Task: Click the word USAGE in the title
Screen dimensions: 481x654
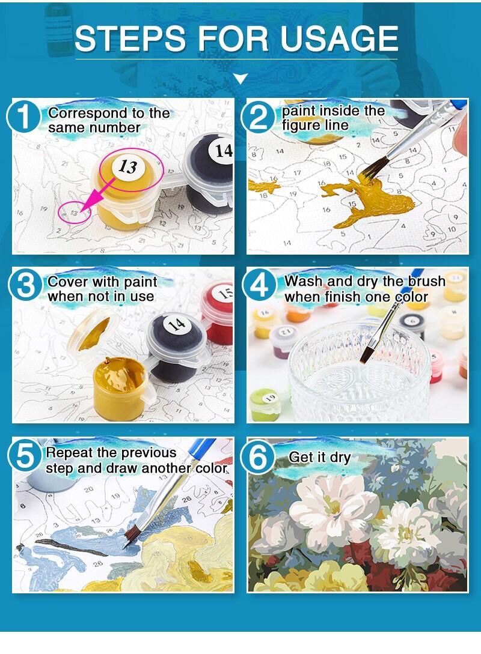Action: point(339,38)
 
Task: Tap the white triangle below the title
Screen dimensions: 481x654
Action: point(240,77)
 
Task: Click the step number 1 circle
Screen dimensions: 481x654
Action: point(23,117)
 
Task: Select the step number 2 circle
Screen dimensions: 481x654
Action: point(259,117)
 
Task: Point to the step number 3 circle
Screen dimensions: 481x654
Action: point(25,286)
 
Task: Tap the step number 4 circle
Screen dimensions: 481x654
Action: point(260,286)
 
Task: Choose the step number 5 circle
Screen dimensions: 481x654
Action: point(25,455)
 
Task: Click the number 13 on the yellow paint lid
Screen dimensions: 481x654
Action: point(127,166)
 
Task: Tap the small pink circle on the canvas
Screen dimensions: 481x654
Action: point(74,213)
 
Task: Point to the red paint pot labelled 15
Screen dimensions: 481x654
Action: point(218,310)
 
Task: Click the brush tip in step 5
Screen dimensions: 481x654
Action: point(132,536)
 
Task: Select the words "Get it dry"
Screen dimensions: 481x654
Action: point(320,458)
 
